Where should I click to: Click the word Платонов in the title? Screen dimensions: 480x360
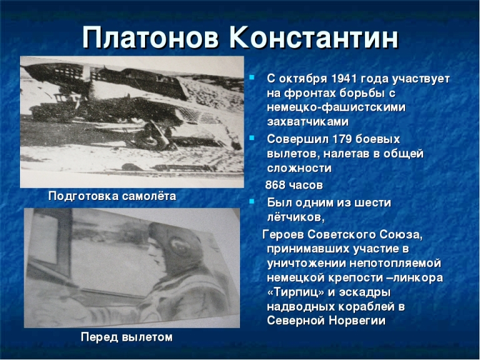[150, 38]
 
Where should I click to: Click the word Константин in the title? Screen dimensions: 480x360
[314, 38]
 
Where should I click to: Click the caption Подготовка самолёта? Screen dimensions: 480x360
[112, 196]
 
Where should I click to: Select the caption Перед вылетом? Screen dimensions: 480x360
[126, 337]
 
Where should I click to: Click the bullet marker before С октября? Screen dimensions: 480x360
[252, 77]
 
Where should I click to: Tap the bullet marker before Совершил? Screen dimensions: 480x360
[252, 137]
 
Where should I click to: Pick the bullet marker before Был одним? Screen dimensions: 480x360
[252, 201]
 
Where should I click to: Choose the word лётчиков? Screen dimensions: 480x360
[296, 217]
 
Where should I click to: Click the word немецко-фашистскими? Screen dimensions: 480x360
[336, 107]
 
